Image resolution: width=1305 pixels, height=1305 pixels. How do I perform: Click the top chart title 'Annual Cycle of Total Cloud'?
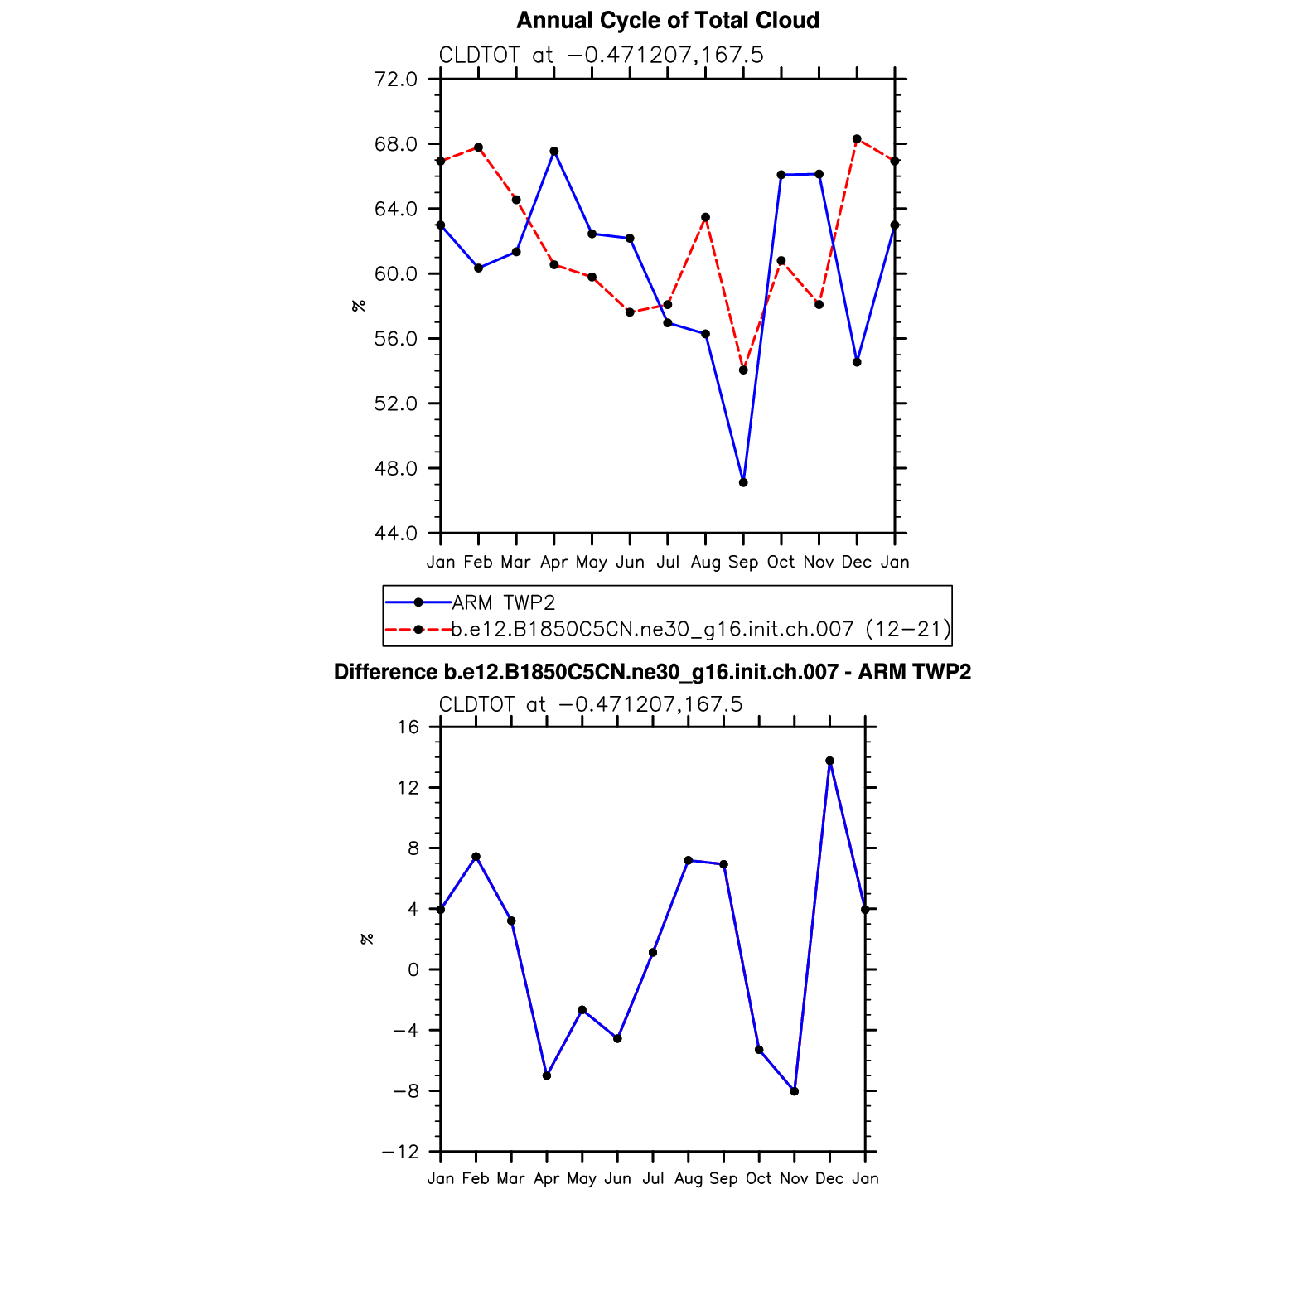tap(668, 21)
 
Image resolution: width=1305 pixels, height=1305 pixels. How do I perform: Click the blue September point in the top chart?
tap(743, 482)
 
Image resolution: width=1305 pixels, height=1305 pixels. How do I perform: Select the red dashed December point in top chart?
tap(857, 139)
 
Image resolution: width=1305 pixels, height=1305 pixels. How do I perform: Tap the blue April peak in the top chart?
tap(554, 152)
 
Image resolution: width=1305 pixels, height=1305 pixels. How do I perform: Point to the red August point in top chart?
tap(706, 218)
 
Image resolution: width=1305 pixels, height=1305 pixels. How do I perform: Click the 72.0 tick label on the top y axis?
tap(396, 80)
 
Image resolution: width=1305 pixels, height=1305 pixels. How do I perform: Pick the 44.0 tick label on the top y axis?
tap(396, 534)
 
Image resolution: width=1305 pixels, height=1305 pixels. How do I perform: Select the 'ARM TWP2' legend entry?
tap(503, 602)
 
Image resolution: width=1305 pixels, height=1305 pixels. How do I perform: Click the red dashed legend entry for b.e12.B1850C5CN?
tap(700, 630)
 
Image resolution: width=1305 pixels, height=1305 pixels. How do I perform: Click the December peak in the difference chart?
tap(829, 761)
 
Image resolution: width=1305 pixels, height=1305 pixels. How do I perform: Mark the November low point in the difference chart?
tap(795, 1091)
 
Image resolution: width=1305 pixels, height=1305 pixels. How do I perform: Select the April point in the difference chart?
tap(547, 1075)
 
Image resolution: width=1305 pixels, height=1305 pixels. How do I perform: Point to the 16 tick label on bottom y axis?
tap(408, 727)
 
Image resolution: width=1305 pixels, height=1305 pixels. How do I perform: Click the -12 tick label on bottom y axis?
tap(400, 1153)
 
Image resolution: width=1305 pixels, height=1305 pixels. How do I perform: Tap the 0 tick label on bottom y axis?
tap(413, 970)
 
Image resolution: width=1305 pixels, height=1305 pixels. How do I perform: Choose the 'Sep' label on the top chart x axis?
tap(743, 563)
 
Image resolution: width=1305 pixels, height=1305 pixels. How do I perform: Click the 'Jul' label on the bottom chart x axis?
tap(653, 1179)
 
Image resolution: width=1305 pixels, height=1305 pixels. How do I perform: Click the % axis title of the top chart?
tap(359, 306)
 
